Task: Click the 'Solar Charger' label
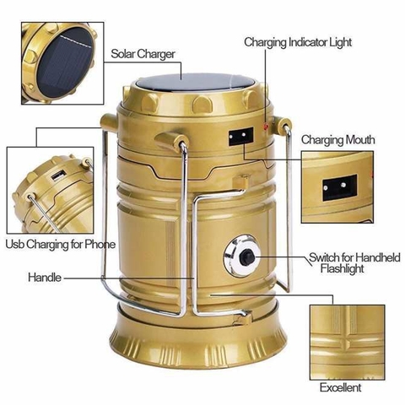pos(143,53)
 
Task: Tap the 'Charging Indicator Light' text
pos(298,41)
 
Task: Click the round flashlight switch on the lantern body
pos(240,257)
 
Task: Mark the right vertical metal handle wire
pos(292,211)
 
